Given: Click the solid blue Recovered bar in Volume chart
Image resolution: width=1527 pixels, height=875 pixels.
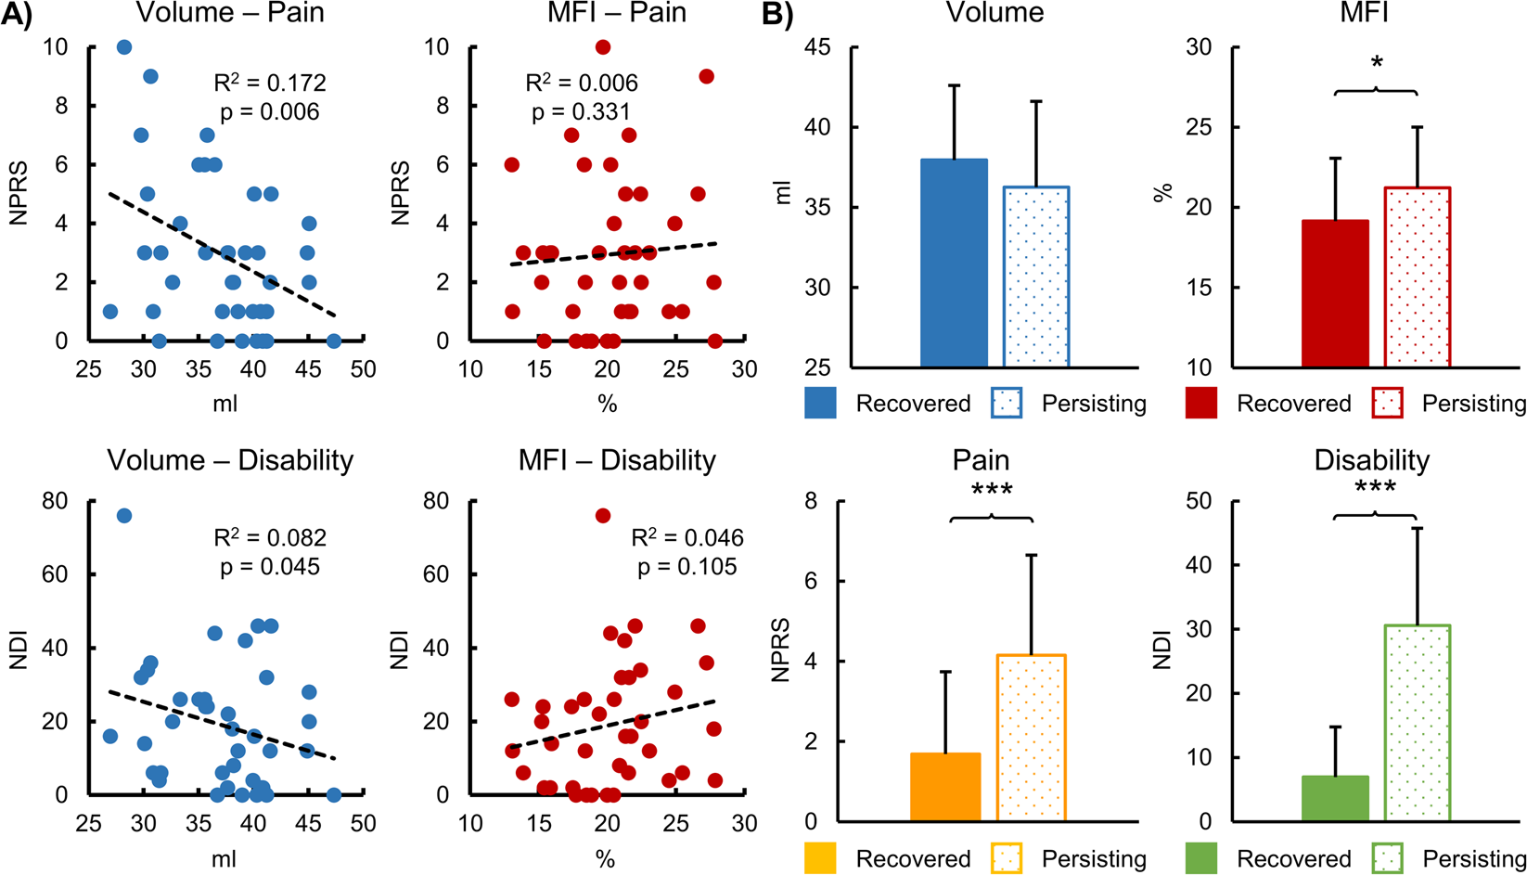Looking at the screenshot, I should tap(954, 263).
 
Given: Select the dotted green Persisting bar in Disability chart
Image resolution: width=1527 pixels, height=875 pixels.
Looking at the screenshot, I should tap(1417, 723).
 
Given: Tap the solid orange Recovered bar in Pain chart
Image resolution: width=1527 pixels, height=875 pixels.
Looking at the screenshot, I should tap(945, 787).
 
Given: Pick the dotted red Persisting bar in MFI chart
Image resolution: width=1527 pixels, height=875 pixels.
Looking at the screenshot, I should tap(1417, 277).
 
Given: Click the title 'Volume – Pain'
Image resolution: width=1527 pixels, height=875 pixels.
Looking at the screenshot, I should tap(229, 13).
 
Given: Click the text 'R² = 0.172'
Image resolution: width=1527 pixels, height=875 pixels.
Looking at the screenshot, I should tap(270, 83).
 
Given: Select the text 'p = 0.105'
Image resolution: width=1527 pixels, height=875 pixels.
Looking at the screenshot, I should tap(687, 567).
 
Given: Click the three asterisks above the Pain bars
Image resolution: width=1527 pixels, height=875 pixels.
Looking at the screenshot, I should tap(992, 491).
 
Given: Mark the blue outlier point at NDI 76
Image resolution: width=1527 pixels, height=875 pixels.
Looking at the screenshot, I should tap(123, 516).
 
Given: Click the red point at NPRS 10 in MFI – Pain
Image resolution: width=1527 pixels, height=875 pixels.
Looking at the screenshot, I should tap(603, 47).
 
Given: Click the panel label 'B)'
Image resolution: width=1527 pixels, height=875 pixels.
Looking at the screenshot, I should tap(777, 15).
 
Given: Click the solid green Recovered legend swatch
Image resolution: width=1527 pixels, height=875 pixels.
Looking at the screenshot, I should tap(1201, 858).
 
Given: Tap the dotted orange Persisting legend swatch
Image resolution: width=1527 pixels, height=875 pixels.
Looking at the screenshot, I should tap(1007, 858).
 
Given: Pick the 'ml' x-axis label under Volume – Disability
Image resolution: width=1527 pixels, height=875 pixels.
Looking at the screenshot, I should tap(224, 859).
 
